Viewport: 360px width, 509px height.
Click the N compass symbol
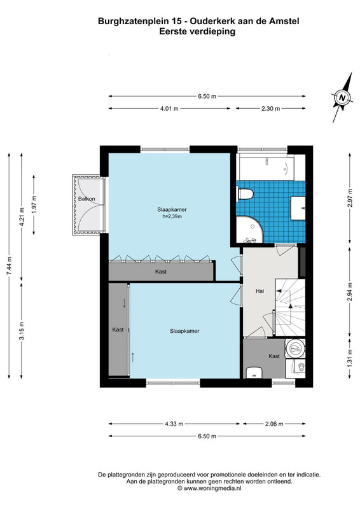click(342, 97)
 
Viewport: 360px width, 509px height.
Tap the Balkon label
click(87, 199)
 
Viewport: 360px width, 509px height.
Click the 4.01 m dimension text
click(169, 109)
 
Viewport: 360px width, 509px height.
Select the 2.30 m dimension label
click(271, 109)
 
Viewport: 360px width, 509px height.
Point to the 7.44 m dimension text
click(9, 266)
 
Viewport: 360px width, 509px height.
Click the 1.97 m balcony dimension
click(34, 205)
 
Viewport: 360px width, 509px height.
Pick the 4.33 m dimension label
click(174, 424)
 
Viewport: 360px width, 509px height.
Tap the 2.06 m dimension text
click(274, 424)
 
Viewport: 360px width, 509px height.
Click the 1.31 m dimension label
click(350, 358)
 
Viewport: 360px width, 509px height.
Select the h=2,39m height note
click(172, 216)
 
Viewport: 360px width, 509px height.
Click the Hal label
click(260, 291)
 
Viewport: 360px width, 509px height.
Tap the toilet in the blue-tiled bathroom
click(246, 193)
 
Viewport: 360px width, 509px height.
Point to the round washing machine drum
click(295, 349)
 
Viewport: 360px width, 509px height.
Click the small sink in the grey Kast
click(254, 373)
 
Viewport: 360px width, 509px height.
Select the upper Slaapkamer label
click(172, 210)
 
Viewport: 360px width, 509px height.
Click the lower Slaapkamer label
click(184, 331)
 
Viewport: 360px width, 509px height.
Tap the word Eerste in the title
click(170, 31)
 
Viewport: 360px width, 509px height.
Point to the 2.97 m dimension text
click(350, 198)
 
